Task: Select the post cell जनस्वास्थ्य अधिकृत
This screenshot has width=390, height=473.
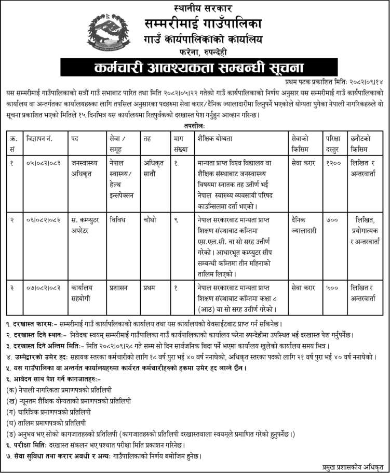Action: pos(86,167)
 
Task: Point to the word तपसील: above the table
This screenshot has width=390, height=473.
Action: pos(195,125)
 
